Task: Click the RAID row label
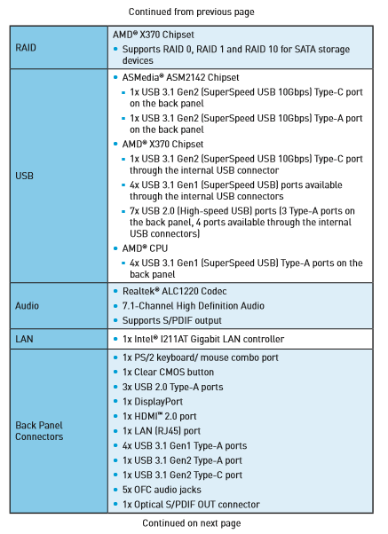coord(26,47)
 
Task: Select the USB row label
coord(24,176)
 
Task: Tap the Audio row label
coord(27,305)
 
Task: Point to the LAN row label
coord(24,339)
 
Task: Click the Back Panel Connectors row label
coord(39,431)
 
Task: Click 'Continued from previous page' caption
coord(191,12)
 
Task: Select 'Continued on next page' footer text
coord(192,522)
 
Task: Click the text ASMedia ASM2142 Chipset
coord(181,77)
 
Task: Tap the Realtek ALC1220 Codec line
coord(175,291)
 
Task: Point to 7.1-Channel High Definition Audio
coord(194,306)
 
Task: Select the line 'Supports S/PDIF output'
coord(172,320)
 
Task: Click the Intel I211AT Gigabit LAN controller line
coord(203,339)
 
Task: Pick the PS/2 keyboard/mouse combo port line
coord(201,357)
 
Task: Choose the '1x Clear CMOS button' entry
coord(168,372)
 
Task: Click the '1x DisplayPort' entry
coord(153,402)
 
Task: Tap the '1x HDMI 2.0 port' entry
coord(160,416)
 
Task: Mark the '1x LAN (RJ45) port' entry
coord(162,431)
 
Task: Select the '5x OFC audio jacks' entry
coord(162,490)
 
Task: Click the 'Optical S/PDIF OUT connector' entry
coord(191,505)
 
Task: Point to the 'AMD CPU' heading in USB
coord(145,248)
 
